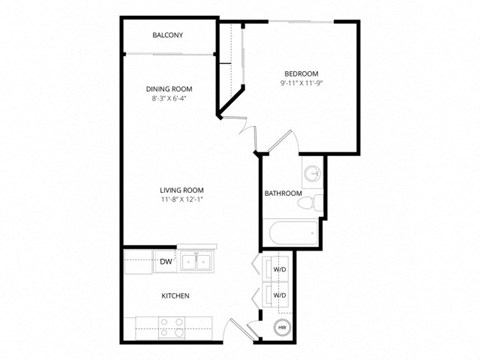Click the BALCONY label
(x=167, y=35)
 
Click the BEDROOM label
(x=301, y=74)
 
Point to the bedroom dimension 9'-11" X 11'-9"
(x=301, y=84)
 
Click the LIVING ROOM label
(x=181, y=189)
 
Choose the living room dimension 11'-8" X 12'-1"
(x=181, y=200)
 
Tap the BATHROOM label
(x=283, y=193)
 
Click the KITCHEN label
(x=176, y=296)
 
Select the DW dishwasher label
(x=166, y=262)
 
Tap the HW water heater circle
(x=282, y=327)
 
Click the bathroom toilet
(x=314, y=203)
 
